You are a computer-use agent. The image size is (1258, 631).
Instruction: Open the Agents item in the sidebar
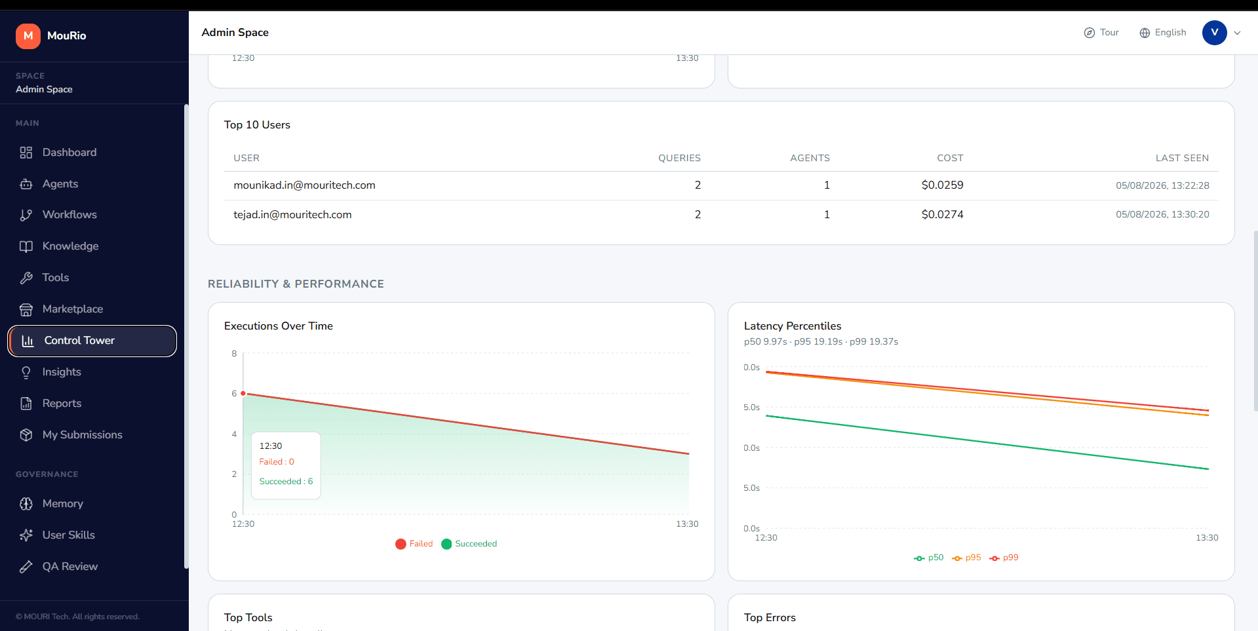(x=60, y=184)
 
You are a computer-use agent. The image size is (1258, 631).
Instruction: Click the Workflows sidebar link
(x=69, y=215)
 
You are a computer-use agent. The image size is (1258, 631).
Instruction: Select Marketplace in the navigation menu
(x=72, y=309)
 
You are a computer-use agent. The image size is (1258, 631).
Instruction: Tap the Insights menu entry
(x=62, y=372)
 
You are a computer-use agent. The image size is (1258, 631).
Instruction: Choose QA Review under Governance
(x=69, y=567)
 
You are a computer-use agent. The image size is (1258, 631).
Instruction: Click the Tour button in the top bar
(x=1101, y=33)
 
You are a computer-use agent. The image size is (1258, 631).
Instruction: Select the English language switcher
(x=1163, y=33)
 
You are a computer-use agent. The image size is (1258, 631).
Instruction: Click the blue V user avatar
(x=1214, y=33)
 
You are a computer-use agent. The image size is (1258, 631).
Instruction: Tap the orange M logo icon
(x=28, y=36)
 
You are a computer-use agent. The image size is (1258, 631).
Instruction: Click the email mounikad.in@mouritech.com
(x=304, y=185)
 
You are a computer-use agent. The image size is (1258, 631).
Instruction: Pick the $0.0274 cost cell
(x=942, y=215)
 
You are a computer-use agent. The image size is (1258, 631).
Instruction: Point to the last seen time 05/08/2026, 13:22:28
(x=1162, y=185)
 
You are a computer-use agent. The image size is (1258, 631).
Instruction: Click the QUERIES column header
(x=679, y=158)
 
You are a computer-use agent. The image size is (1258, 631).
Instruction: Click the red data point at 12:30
(x=243, y=393)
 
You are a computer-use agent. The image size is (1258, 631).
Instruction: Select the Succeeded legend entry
(x=469, y=544)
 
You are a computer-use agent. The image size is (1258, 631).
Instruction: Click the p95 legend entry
(x=966, y=558)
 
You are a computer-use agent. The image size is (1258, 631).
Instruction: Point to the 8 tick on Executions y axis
(x=234, y=354)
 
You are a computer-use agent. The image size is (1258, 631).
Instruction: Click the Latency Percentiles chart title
(x=793, y=326)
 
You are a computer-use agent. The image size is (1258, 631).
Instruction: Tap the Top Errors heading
(x=770, y=618)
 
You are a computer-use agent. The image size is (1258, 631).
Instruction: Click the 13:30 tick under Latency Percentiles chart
(x=1207, y=538)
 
